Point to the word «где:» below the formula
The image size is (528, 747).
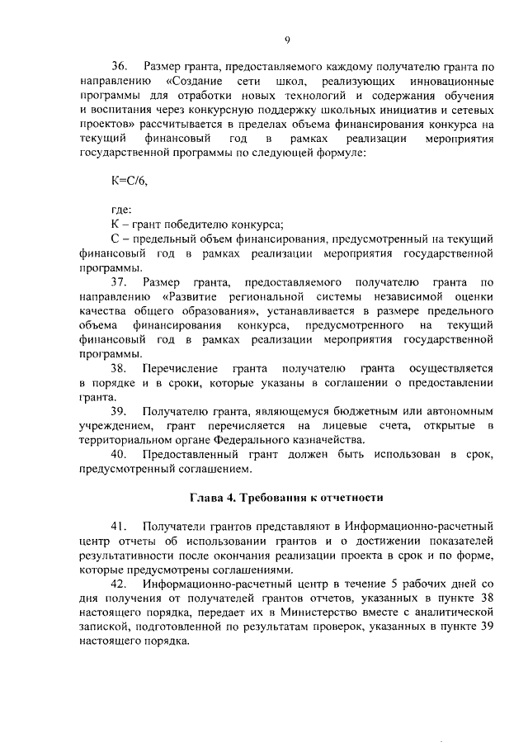[120, 210]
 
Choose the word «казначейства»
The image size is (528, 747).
[328, 441]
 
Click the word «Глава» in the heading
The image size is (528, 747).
[206, 499]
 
